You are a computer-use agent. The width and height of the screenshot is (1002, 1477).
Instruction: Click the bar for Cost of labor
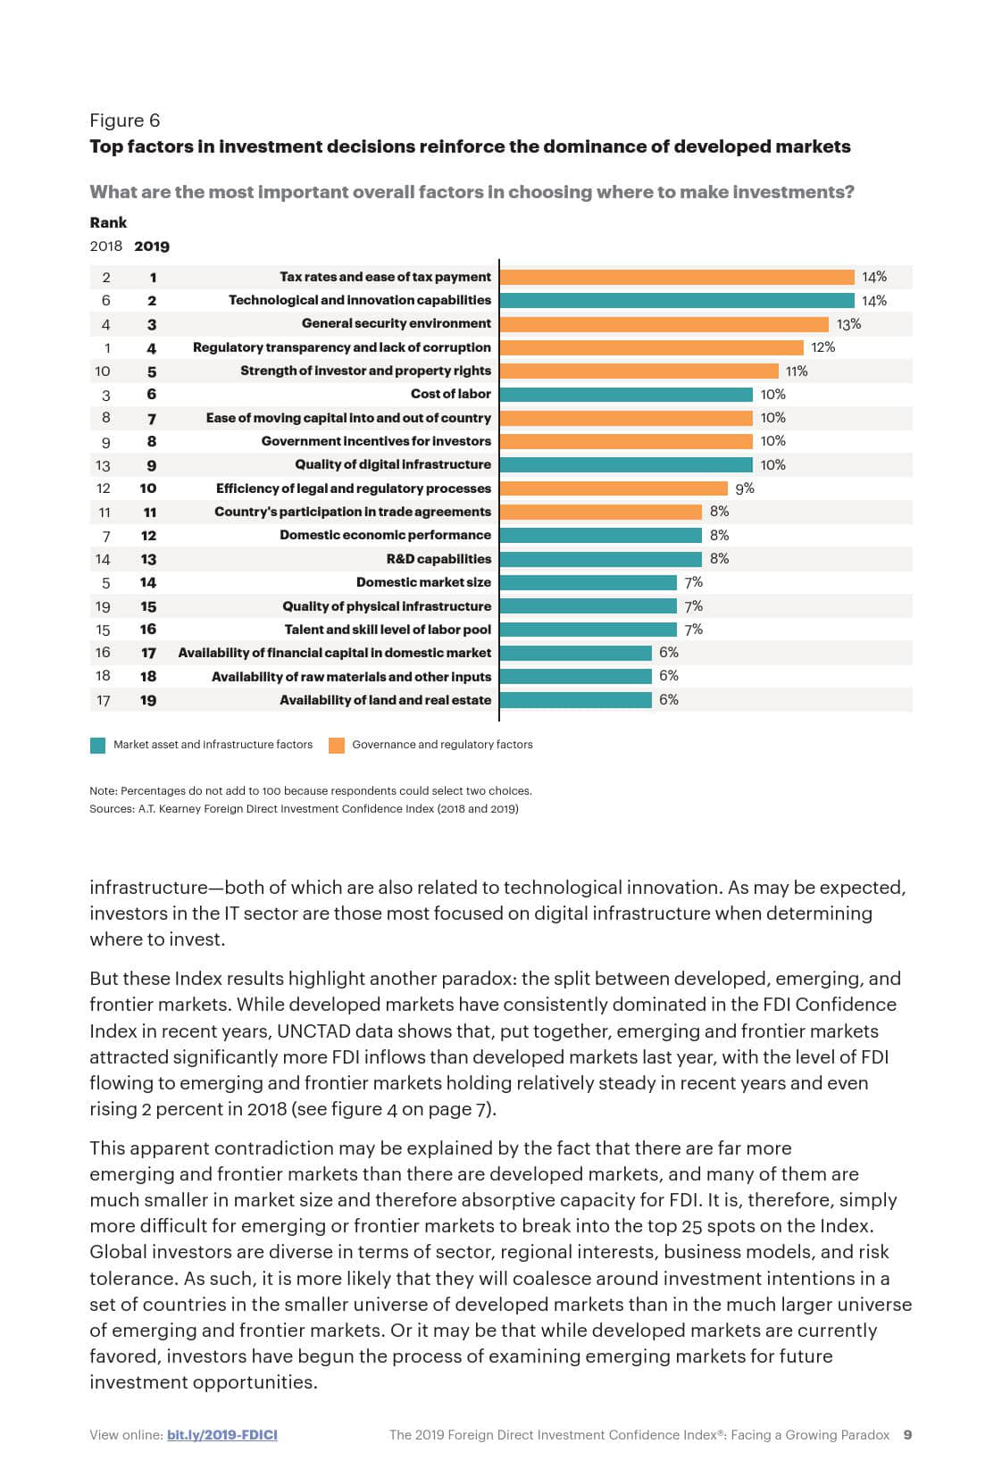[626, 395]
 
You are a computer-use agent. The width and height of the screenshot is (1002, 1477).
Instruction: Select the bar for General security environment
[664, 324]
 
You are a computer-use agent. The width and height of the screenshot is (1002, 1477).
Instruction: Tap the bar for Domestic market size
[589, 582]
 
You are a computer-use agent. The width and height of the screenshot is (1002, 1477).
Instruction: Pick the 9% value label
[745, 488]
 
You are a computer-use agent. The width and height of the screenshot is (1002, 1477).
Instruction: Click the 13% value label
[848, 324]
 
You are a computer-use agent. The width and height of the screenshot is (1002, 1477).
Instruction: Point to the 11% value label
[797, 371]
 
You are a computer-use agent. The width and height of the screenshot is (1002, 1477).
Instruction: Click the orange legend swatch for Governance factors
[337, 745]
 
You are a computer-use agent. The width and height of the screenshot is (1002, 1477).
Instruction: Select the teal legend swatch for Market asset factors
[98, 745]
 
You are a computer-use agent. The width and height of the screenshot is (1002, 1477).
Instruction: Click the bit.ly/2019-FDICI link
[222, 1435]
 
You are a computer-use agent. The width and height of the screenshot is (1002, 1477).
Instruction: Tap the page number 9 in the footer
[907, 1435]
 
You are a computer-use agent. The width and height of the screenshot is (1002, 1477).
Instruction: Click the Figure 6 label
[124, 121]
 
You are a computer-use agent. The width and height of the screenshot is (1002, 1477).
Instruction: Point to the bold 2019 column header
[152, 246]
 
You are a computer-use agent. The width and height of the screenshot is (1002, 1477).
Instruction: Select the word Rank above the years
[108, 222]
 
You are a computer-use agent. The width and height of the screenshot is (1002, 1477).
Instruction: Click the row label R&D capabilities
[438, 559]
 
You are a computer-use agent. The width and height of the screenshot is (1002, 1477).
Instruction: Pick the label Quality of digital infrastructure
[393, 464]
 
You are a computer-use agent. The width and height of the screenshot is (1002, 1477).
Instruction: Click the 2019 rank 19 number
[148, 701]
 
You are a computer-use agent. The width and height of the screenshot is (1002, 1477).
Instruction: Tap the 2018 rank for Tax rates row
[106, 278]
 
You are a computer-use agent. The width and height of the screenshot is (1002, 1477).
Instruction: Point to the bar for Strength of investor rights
[639, 371]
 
